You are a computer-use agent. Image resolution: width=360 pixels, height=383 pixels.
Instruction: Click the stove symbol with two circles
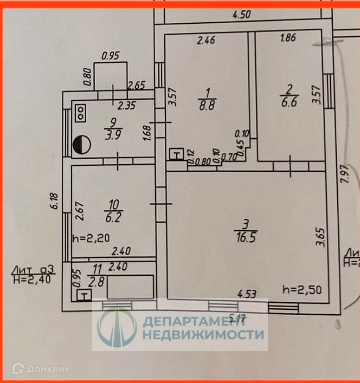[81, 113]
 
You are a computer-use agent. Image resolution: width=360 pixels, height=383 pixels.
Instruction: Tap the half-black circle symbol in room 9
[80, 144]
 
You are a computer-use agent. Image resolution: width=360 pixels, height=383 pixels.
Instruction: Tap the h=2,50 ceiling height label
[303, 289]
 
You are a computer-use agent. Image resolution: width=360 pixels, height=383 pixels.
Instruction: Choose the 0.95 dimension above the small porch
[111, 55]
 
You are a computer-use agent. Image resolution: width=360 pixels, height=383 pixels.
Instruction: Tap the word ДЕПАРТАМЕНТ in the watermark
[203, 321]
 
